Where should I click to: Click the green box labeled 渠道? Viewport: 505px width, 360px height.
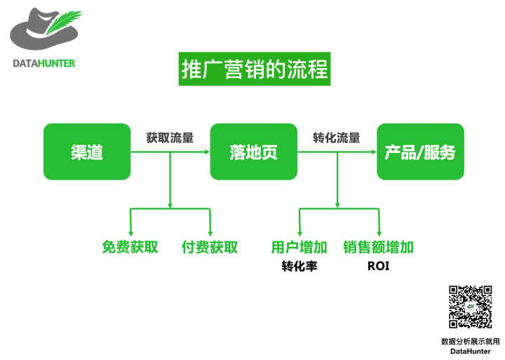pos(87,152)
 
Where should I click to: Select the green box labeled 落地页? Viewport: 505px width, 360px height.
pos(253,152)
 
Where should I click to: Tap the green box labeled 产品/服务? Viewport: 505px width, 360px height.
pos(420,152)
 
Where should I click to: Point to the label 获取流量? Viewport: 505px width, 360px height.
pos(170,138)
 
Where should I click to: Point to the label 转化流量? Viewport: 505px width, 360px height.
pos(337,138)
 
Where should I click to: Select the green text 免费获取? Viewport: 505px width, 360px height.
pos(130,247)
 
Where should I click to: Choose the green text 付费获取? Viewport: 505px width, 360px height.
pos(210,247)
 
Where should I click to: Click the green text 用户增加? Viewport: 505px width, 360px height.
pos(299,247)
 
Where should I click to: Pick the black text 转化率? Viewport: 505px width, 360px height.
pos(299,267)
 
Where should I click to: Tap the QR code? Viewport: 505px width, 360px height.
pos(470,307)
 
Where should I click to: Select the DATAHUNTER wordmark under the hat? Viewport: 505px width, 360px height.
pos(44,63)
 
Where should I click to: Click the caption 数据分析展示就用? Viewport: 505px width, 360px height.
pos(470,341)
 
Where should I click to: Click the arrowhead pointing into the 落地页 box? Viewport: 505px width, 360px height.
pos(207,152)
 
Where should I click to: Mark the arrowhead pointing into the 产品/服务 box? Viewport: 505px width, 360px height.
pos(374,152)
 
